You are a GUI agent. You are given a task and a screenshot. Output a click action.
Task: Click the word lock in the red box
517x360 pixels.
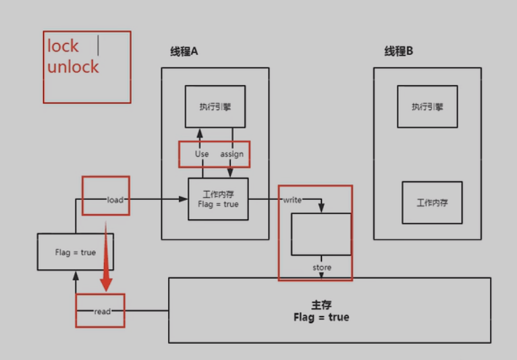pos(63,47)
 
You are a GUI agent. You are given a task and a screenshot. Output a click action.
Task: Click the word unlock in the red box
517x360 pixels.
pos(73,67)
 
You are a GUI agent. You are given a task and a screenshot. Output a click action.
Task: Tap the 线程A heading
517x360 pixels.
pos(184,52)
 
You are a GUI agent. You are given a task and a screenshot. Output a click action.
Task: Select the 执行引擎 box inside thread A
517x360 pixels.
pos(215,107)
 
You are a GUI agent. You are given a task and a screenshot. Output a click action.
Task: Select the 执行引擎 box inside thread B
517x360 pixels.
pos(427,107)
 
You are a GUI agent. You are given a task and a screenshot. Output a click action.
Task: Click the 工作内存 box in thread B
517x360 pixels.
pos(432,203)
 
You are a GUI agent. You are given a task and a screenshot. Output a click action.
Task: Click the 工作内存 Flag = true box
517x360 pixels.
pos(218,199)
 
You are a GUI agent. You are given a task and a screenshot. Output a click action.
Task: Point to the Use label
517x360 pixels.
pos(202,154)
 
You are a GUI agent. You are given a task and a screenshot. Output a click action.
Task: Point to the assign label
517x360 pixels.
pos(232,154)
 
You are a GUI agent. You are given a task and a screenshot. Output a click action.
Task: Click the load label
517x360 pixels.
pos(115,200)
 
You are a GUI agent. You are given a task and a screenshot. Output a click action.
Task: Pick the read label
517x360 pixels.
pos(102,311)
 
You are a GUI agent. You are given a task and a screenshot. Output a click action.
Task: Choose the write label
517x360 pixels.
pos(292,200)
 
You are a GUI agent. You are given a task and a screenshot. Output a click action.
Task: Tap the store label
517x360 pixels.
pos(322,267)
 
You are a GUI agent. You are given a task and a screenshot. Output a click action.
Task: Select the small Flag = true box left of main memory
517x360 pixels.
pos(75,252)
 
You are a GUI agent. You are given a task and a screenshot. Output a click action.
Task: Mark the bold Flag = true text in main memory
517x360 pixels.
pos(322,317)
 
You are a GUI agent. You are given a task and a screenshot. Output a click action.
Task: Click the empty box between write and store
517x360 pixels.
pos(321,234)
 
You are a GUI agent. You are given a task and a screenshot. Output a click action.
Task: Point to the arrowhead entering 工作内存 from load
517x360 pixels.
pos(184,199)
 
